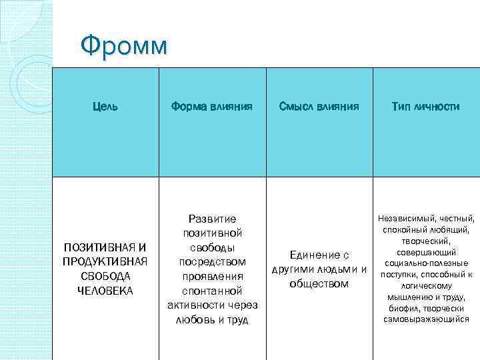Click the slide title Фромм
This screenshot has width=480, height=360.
click(x=124, y=47)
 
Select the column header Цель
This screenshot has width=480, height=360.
click(x=105, y=106)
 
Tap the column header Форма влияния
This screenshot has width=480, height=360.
click(x=211, y=106)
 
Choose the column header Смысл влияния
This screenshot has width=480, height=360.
click(x=319, y=106)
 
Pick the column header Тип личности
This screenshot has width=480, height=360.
click(x=426, y=106)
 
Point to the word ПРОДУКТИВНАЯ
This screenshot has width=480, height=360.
click(x=105, y=261)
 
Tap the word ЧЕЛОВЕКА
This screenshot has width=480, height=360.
click(x=105, y=290)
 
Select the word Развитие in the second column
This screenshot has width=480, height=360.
click(x=212, y=218)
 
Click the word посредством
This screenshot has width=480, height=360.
click(x=212, y=261)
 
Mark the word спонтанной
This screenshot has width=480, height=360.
click(x=212, y=291)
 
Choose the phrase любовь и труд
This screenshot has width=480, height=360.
click(x=212, y=320)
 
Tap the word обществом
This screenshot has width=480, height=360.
click(x=319, y=283)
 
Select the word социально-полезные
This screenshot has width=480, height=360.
click(x=427, y=263)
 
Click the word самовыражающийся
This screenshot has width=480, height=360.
click(x=427, y=319)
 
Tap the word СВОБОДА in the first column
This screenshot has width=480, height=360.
click(x=105, y=275)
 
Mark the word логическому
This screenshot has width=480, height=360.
click(x=427, y=286)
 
